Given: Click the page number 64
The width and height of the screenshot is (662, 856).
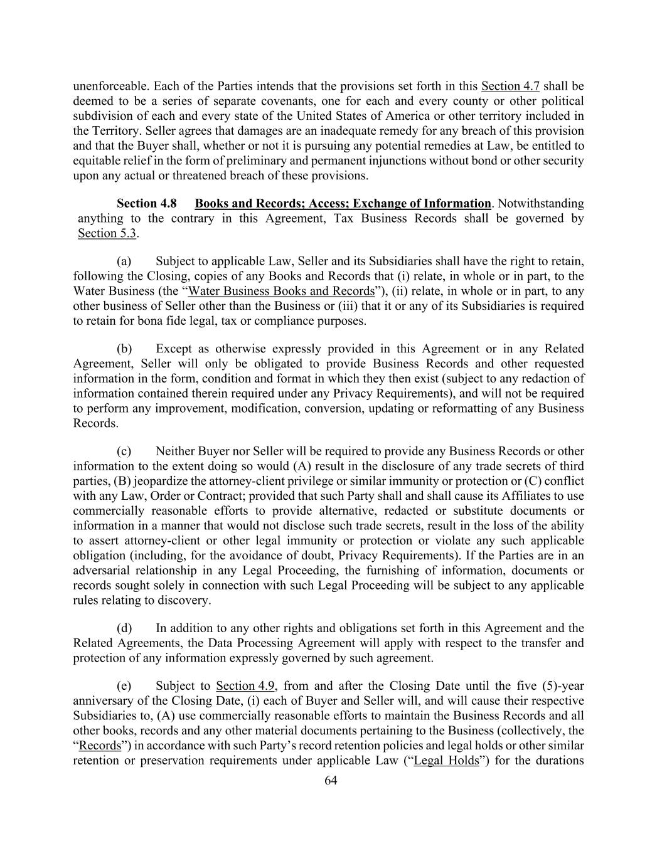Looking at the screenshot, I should tap(331, 780).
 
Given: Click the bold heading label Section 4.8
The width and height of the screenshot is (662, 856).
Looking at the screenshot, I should tap(146, 204).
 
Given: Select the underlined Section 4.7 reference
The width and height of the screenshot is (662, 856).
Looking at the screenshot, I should tap(510, 87).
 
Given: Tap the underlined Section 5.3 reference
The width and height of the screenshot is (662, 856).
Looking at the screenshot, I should tap(107, 234).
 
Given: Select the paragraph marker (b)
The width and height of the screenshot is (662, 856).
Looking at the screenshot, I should tap(124, 349).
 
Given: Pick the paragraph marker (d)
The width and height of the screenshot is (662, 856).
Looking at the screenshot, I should tap(124, 628).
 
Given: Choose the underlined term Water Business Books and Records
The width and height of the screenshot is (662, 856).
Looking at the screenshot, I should tap(281, 291).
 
